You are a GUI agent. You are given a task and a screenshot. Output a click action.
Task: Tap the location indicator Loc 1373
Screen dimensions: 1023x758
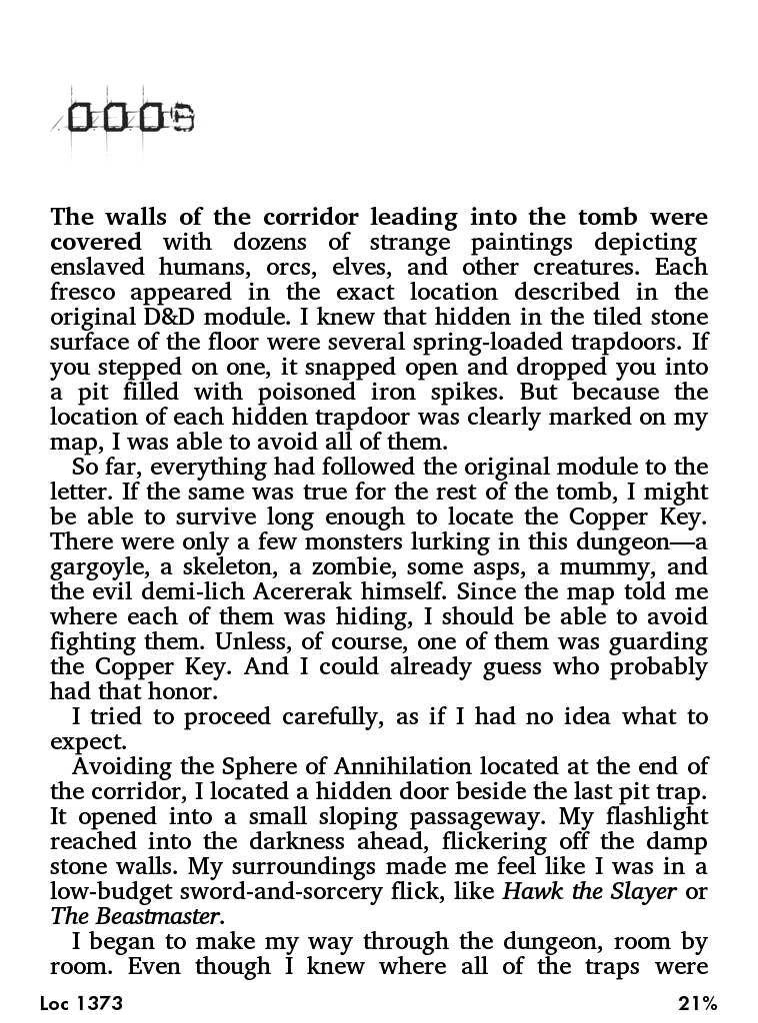click(x=82, y=1003)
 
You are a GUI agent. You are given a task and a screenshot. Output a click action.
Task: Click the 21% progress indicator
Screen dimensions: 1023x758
click(x=697, y=1003)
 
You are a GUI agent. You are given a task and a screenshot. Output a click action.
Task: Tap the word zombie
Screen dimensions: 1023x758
click(x=358, y=567)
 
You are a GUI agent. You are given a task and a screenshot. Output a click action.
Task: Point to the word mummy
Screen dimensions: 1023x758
click(x=608, y=567)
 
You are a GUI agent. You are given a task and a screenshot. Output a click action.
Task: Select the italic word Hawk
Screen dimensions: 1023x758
click(x=535, y=892)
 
